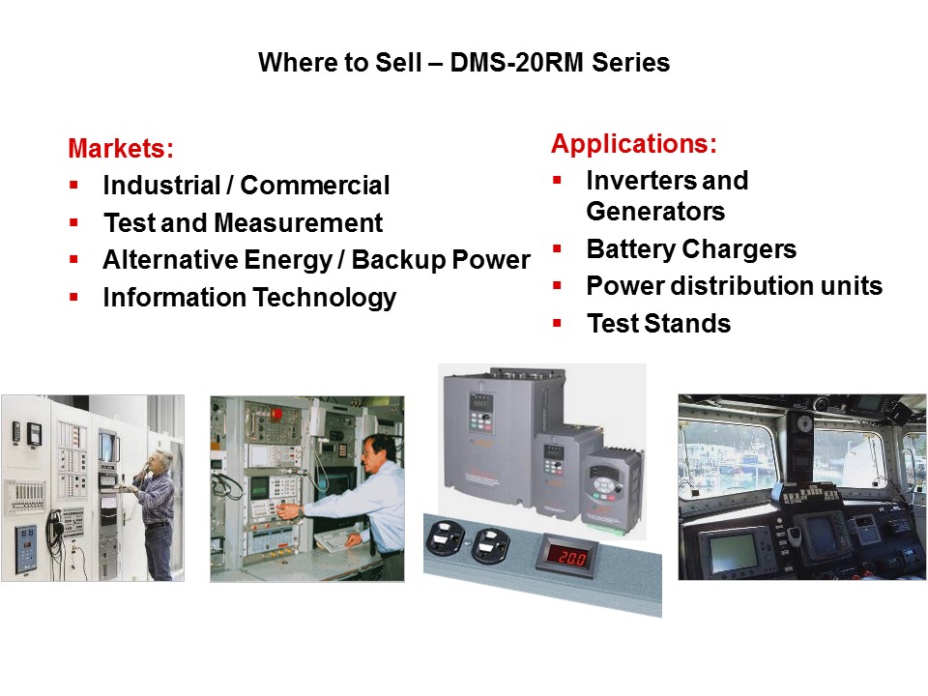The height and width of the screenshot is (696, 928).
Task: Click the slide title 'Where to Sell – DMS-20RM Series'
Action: (x=464, y=64)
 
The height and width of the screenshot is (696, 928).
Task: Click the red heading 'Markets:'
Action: (x=121, y=149)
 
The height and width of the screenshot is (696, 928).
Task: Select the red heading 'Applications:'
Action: (x=634, y=144)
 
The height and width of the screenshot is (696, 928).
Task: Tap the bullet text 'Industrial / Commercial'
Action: (x=246, y=186)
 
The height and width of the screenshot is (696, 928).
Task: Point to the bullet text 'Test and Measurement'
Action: (x=243, y=223)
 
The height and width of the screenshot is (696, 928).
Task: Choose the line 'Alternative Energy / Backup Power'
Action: (x=316, y=260)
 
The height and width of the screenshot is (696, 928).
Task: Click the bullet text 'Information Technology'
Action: (x=249, y=298)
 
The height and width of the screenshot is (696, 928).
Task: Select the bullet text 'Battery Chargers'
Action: (x=691, y=249)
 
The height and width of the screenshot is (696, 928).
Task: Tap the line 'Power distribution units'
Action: (x=734, y=286)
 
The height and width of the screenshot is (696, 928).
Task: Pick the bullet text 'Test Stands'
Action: (x=658, y=324)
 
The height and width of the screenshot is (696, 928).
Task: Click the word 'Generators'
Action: (x=655, y=211)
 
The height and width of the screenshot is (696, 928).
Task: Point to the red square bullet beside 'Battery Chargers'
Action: (x=557, y=249)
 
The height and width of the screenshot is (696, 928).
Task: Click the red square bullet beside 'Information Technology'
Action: (x=73, y=298)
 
